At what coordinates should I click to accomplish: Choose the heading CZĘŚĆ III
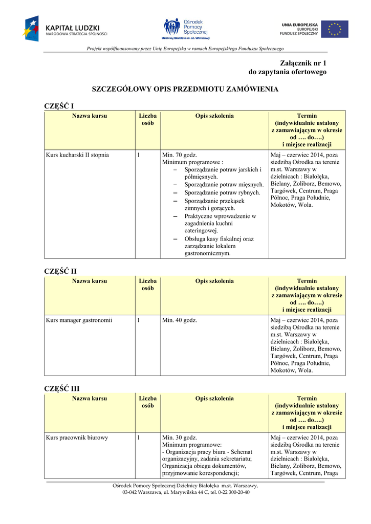tap(62, 388)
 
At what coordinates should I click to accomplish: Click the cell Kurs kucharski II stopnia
tap(77, 155)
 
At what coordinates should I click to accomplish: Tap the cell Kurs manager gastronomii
tap(79, 320)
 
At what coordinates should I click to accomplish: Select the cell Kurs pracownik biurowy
tap(77, 438)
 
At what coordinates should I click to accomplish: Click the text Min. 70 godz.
tap(180, 155)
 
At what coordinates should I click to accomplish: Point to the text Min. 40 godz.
tap(180, 320)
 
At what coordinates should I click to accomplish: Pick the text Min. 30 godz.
tap(180, 438)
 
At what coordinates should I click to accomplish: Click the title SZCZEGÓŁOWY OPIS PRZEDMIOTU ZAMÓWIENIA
tap(185, 89)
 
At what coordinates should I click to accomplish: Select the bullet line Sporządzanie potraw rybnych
tap(222, 192)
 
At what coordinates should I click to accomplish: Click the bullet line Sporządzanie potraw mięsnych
tap(224, 184)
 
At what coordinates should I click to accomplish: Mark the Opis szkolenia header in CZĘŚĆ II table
tap(214, 281)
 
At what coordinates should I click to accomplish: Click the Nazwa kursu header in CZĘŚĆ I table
tap(90, 116)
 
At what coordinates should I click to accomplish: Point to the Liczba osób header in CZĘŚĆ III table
tap(148, 402)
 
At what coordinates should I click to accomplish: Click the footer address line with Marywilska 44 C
tap(186, 492)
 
